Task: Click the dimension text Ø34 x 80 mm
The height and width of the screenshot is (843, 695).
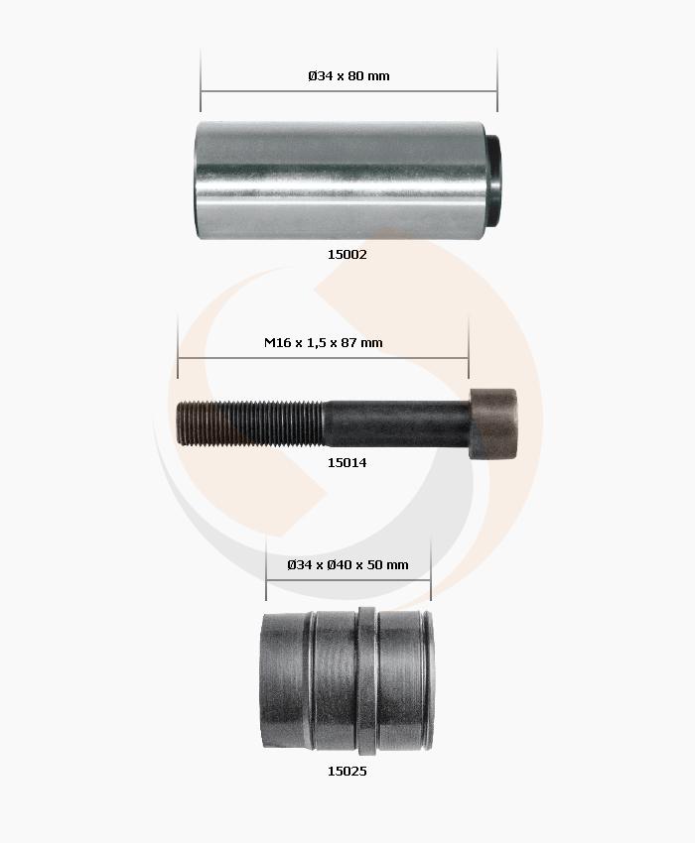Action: (348, 75)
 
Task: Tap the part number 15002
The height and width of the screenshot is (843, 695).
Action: (347, 254)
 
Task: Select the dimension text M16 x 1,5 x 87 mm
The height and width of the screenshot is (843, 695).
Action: (323, 342)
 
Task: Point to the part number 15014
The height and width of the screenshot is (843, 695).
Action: (347, 462)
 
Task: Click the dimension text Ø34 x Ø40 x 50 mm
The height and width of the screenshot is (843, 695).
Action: (347, 564)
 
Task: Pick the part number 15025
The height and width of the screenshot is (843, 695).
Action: (347, 771)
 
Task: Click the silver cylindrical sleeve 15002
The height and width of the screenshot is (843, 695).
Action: (338, 180)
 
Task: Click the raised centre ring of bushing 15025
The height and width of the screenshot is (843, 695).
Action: (367, 683)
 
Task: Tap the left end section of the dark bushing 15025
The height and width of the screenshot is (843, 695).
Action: (286, 683)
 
